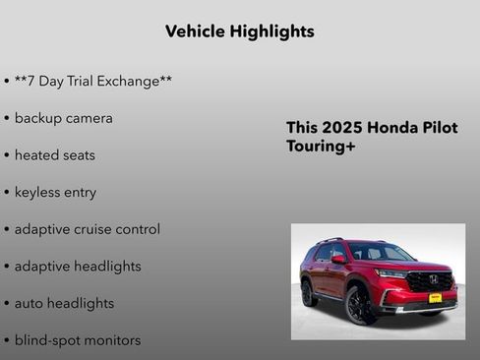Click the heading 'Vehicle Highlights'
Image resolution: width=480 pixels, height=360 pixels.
240,31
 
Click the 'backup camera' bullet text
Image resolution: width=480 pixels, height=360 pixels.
63,118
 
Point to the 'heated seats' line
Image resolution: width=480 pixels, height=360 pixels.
54,155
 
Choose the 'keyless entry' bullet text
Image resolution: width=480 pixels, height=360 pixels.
55,192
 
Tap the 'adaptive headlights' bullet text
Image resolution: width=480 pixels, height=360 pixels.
77,267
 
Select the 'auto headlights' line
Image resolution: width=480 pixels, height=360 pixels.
64,303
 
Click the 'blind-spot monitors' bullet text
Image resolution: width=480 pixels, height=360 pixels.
77,340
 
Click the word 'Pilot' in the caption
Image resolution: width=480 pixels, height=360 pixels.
438,128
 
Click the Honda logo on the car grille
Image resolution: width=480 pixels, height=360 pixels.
433,279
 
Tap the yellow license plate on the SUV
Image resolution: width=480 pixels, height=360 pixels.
434,297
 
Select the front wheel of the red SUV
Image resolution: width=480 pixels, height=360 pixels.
358,304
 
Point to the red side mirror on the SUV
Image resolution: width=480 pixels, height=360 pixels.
338,260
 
